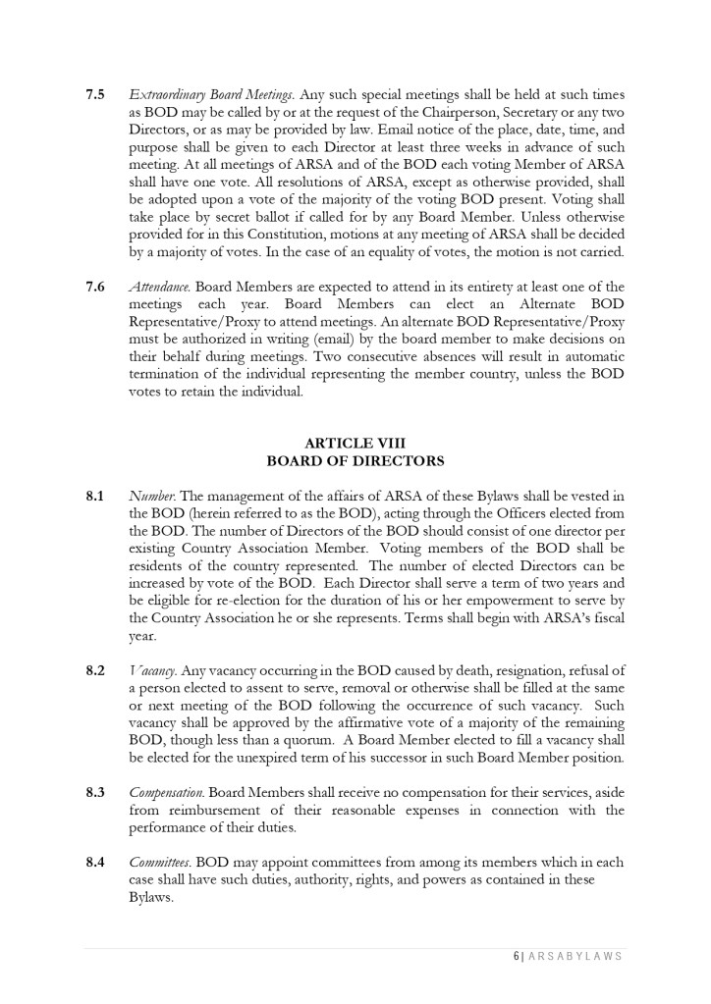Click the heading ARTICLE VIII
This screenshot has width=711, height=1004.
355,443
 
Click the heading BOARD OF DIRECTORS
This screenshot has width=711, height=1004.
355,459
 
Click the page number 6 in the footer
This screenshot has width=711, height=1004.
515,957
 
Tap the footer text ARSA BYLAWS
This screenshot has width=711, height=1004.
574,957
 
